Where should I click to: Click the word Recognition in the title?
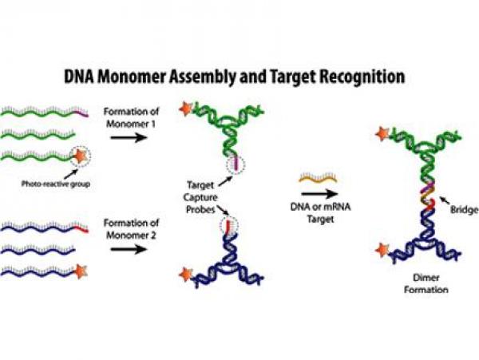click(x=354, y=77)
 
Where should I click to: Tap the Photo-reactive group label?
click(x=54, y=184)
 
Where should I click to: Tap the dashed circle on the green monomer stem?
click(x=236, y=163)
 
